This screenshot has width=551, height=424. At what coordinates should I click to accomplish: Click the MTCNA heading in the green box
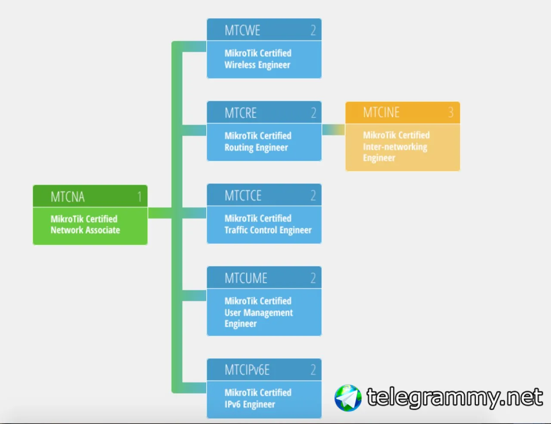pos(68,197)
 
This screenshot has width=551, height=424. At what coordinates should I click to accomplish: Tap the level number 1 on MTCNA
pos(139,197)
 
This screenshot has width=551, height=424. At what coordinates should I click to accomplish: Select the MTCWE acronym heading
pos(242,30)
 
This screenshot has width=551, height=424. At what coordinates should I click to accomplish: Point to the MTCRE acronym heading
pos(241,113)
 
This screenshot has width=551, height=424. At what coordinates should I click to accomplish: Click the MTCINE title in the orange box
pos(381,113)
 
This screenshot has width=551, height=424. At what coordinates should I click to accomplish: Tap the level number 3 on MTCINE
pos(451,113)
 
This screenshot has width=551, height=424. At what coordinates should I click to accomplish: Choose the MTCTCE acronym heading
pos(243,195)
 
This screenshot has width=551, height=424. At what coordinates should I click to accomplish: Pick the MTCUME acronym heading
pos(246,278)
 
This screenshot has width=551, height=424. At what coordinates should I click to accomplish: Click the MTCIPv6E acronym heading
pos(247,370)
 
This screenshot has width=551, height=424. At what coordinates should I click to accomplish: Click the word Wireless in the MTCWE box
pos(240,65)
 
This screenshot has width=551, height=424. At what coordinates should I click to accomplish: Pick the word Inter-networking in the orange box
pos(395,147)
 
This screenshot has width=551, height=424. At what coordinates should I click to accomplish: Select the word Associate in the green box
pos(102,230)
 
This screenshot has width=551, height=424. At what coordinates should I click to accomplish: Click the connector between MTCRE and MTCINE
pos(333,130)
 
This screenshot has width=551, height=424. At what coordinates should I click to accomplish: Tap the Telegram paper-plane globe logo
pos(348,398)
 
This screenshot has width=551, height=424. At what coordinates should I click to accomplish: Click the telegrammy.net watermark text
pos(454,397)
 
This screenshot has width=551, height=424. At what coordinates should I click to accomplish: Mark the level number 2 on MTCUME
pos(313,278)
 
